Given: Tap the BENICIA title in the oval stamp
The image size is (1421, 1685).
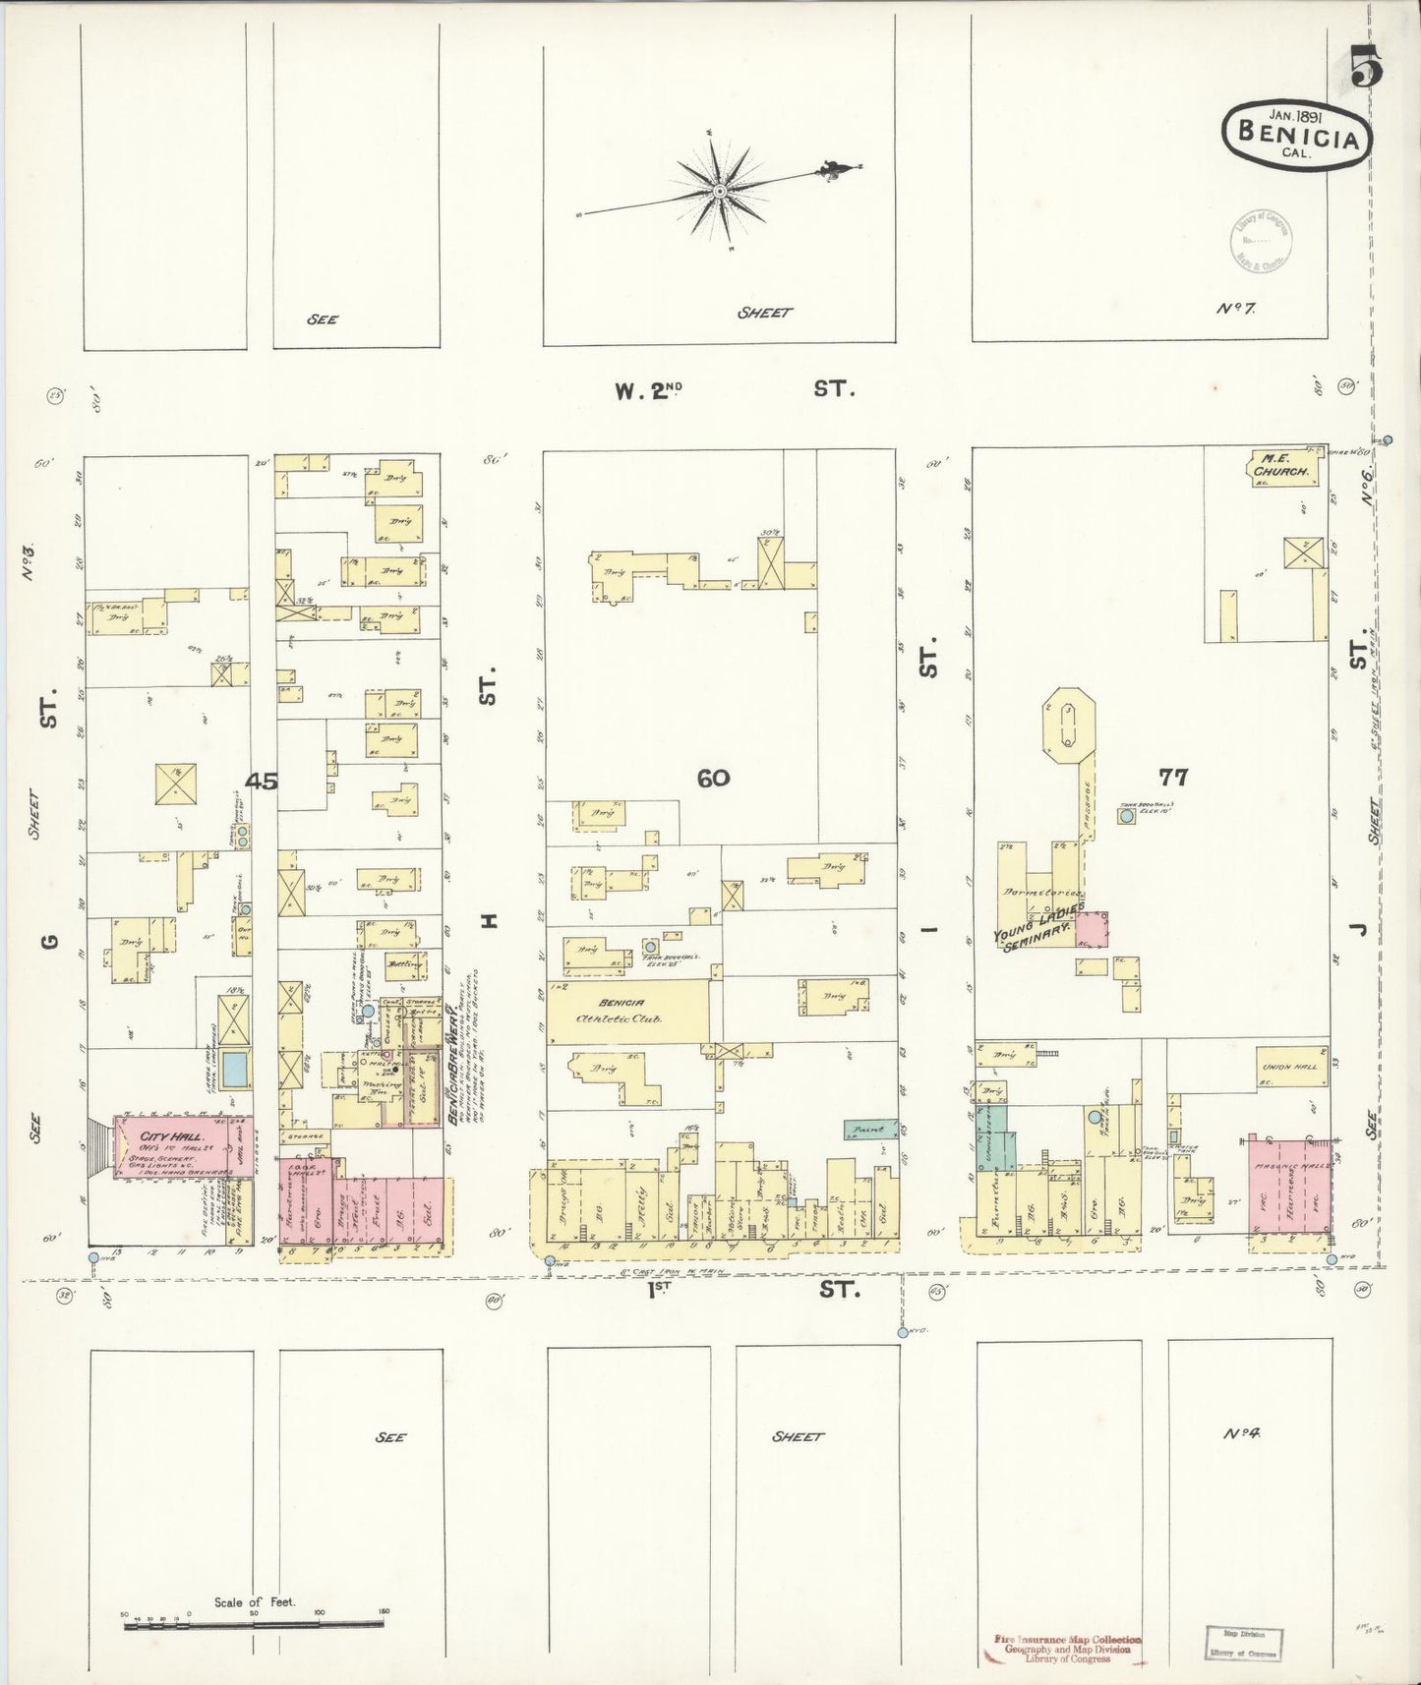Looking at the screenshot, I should click(1297, 135).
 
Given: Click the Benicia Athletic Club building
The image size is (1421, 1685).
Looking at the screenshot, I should click(624, 1011).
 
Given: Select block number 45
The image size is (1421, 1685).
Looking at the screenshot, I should click(262, 782).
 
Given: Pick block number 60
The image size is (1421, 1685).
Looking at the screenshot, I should click(713, 778).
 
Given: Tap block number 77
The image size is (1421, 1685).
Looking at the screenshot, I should click(1172, 778).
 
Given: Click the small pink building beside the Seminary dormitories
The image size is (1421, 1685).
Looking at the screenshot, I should click(1092, 929).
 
